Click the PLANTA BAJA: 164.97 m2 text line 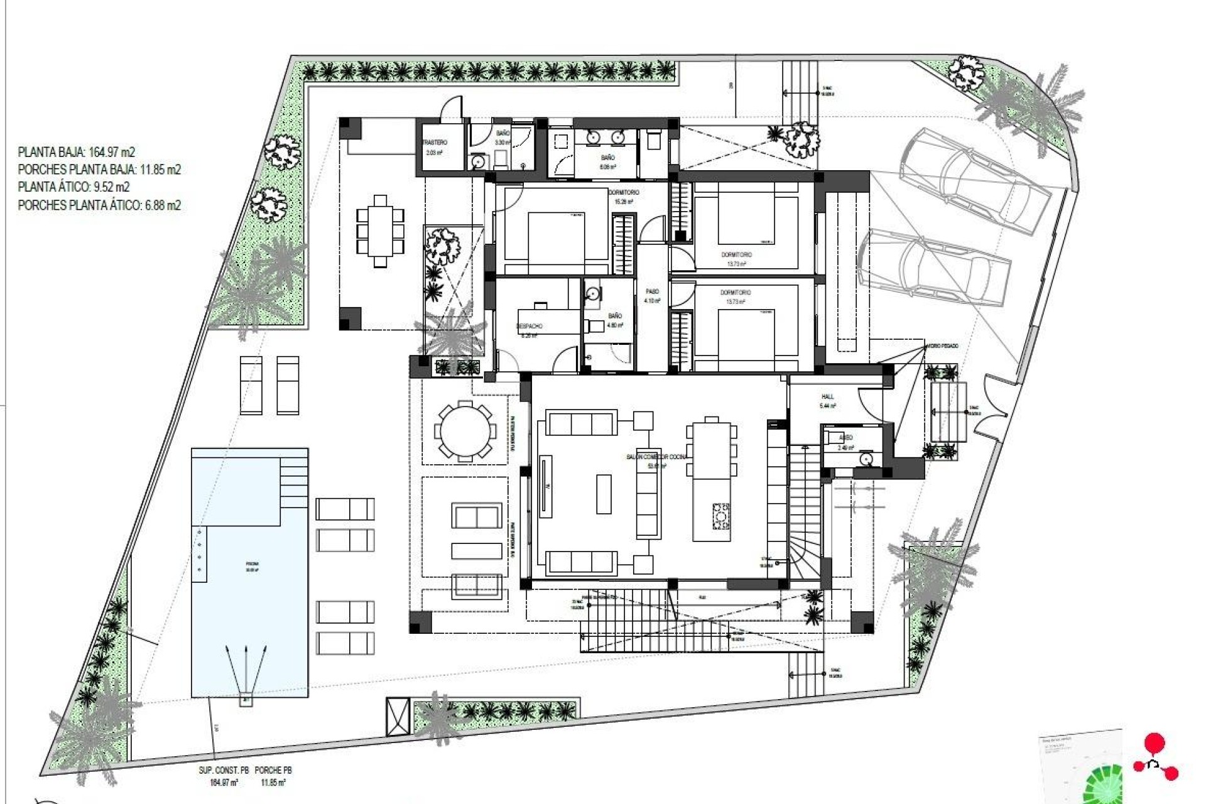pos(77,152)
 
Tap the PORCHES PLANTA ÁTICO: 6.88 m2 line pos(99,205)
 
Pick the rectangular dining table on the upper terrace pos(381,231)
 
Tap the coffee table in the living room pos(604,494)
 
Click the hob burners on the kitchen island pos(720,516)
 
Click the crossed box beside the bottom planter pos(398,717)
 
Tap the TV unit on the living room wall pos(545,487)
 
